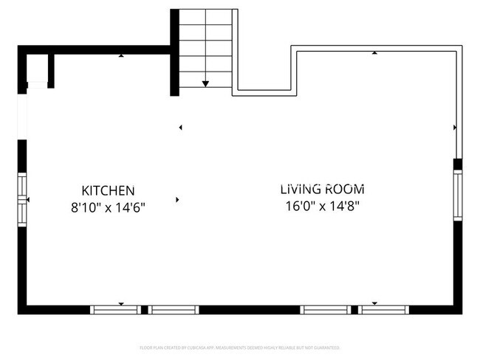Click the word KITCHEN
point(108,190)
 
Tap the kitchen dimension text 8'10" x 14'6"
point(108,208)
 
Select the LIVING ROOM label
point(322,190)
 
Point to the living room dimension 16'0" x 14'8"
point(322,207)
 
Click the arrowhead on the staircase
point(205,84)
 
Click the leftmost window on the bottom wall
point(115,309)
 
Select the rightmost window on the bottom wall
point(385,309)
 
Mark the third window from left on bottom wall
point(326,309)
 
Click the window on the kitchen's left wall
point(22,198)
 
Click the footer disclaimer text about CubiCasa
point(240,347)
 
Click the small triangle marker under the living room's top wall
point(375,53)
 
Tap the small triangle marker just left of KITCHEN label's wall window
point(28,199)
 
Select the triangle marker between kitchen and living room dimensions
point(177,199)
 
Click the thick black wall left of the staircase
point(175,52)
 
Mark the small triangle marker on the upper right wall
point(454,128)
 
